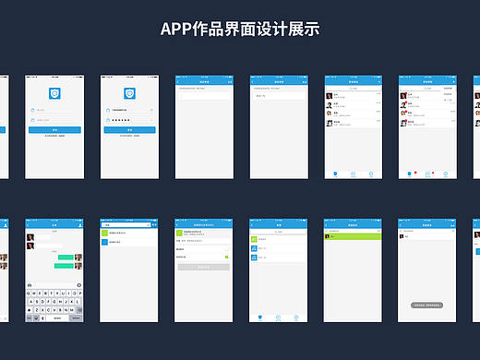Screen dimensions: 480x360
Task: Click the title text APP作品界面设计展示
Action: pos(239,29)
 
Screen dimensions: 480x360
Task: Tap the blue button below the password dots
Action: pos(129,130)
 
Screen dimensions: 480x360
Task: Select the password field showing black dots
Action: pos(129,120)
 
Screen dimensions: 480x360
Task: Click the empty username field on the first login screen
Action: pos(54,110)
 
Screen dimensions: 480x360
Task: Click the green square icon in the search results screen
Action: pos(104,234)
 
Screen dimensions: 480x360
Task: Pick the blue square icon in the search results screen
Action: pos(104,243)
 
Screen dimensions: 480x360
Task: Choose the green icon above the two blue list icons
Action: pos(254,239)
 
